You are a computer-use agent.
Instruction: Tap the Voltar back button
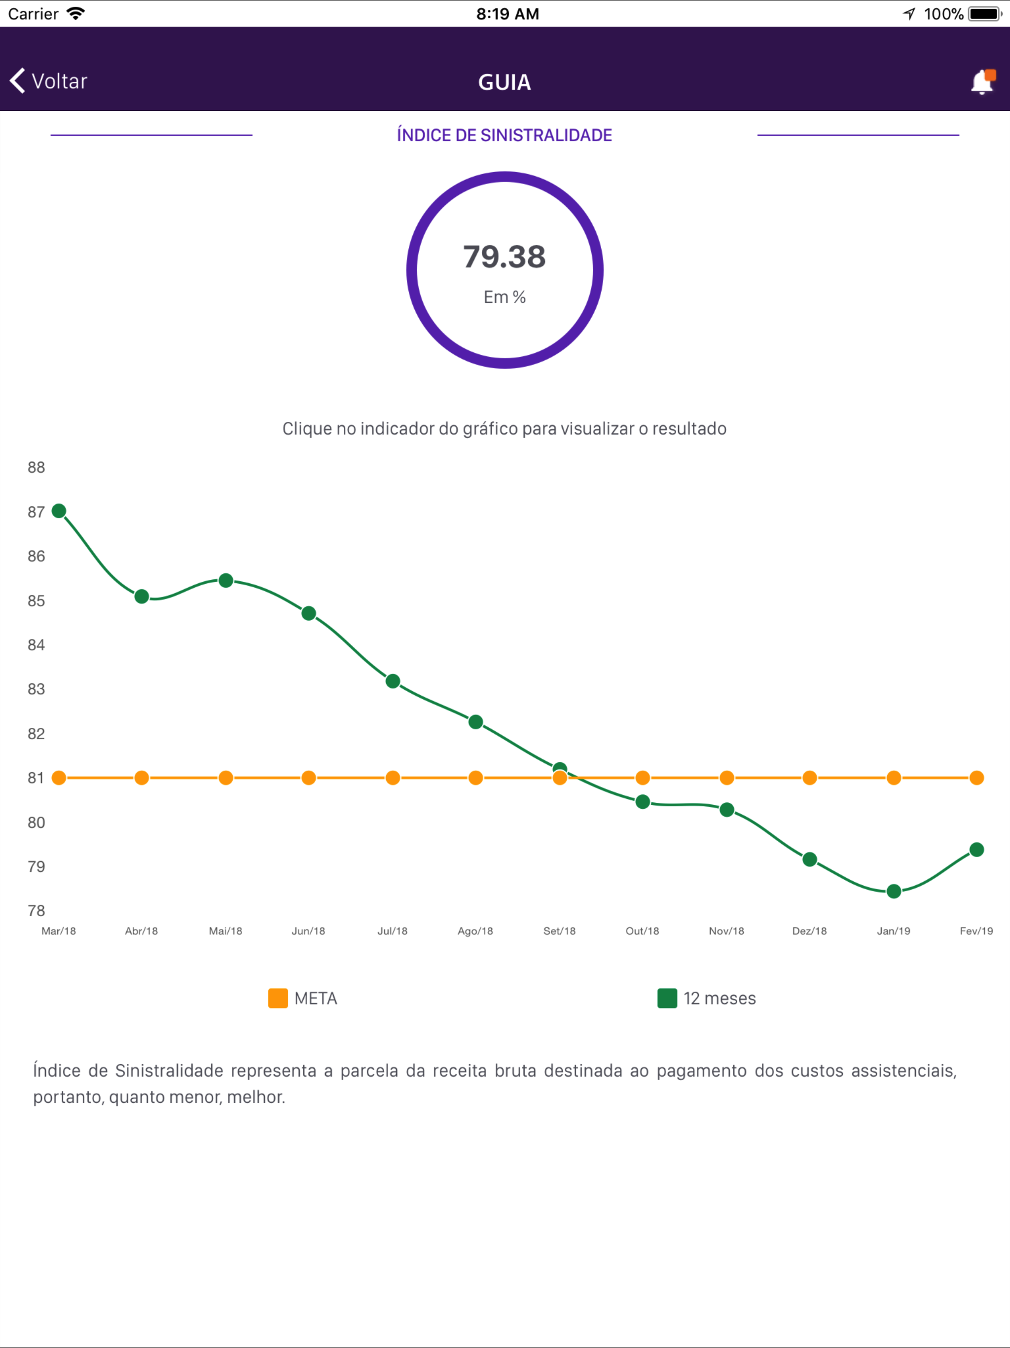(x=49, y=81)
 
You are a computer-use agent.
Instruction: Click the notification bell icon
(x=982, y=82)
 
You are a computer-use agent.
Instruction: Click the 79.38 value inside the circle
(x=505, y=257)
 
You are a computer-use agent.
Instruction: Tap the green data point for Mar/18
(x=59, y=511)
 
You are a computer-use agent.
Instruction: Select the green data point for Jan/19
(x=894, y=892)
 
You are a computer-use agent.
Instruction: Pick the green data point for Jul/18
(x=393, y=681)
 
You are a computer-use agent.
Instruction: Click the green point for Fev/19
(x=976, y=850)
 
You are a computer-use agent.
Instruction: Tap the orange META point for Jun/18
(x=309, y=778)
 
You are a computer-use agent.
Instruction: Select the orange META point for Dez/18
(x=810, y=778)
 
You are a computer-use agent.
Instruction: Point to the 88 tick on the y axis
(x=36, y=467)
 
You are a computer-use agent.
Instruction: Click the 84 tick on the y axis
(x=36, y=645)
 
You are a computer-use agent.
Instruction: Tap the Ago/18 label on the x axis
(x=475, y=931)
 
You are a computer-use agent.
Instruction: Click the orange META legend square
(x=278, y=998)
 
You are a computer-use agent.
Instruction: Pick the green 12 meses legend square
(x=667, y=998)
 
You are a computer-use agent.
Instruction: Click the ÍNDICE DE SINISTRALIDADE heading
(x=505, y=135)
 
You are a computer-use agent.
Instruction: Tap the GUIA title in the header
(x=505, y=82)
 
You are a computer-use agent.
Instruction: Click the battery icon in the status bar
(x=985, y=13)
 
